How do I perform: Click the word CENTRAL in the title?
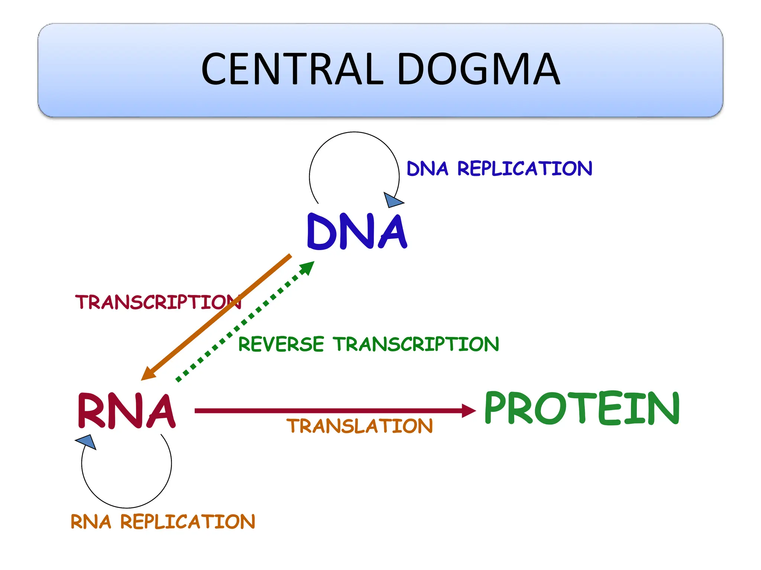pyautogui.click(x=292, y=69)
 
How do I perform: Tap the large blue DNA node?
pyautogui.click(x=357, y=232)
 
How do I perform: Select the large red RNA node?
pyautogui.click(x=126, y=411)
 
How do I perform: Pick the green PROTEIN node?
pyautogui.click(x=582, y=408)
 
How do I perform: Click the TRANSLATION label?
pyautogui.click(x=359, y=426)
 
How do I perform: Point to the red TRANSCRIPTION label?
pyautogui.click(x=158, y=302)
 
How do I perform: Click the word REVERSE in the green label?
pyautogui.click(x=281, y=344)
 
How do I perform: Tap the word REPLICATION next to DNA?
pyautogui.click(x=524, y=169)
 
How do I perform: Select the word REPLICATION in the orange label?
pyautogui.click(x=188, y=522)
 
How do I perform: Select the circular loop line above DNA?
pyautogui.click(x=354, y=132)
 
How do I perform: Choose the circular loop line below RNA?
pyautogui.click(x=127, y=507)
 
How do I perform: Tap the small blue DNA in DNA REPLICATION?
pyautogui.click(x=427, y=169)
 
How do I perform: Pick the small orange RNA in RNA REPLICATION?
pyautogui.click(x=91, y=522)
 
